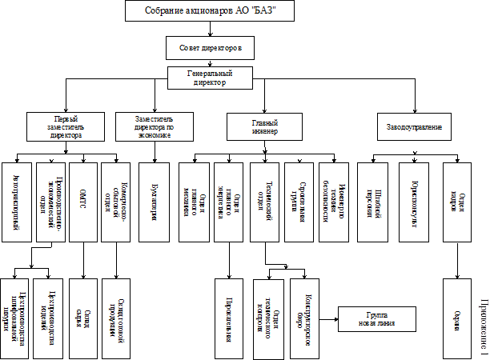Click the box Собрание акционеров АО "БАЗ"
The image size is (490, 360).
tap(210, 11)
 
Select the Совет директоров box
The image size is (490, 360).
tap(211, 49)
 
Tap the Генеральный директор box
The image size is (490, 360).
tap(210, 78)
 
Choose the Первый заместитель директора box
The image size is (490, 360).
tap(66, 126)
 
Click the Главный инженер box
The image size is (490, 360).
tap(265, 126)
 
